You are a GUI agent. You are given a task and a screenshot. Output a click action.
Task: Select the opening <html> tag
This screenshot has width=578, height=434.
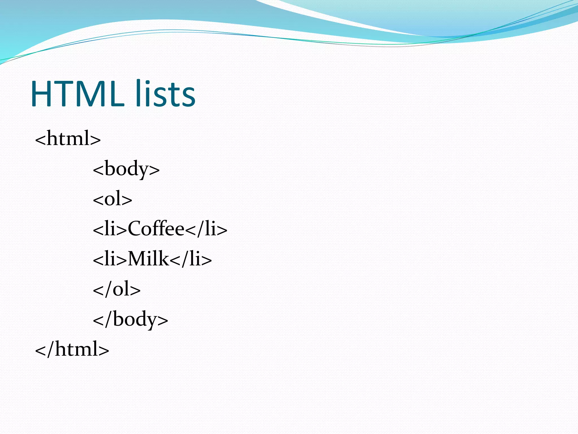pyautogui.click(x=68, y=138)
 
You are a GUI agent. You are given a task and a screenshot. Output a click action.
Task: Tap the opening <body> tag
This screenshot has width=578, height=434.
pyautogui.click(x=126, y=169)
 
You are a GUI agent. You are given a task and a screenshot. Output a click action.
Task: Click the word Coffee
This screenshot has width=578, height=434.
pyautogui.click(x=156, y=229)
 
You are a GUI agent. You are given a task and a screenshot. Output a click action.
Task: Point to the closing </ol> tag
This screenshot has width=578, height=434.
pyautogui.click(x=117, y=289)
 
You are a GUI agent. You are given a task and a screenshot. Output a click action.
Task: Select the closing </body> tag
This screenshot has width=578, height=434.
pyautogui.click(x=130, y=319)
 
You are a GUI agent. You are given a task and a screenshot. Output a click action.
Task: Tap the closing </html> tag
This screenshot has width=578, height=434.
pyautogui.click(x=72, y=349)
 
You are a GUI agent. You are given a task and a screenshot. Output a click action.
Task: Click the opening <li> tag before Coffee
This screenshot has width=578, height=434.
pyautogui.click(x=110, y=229)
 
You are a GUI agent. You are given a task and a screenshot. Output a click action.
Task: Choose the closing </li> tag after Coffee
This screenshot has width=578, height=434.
pyautogui.click(x=206, y=229)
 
